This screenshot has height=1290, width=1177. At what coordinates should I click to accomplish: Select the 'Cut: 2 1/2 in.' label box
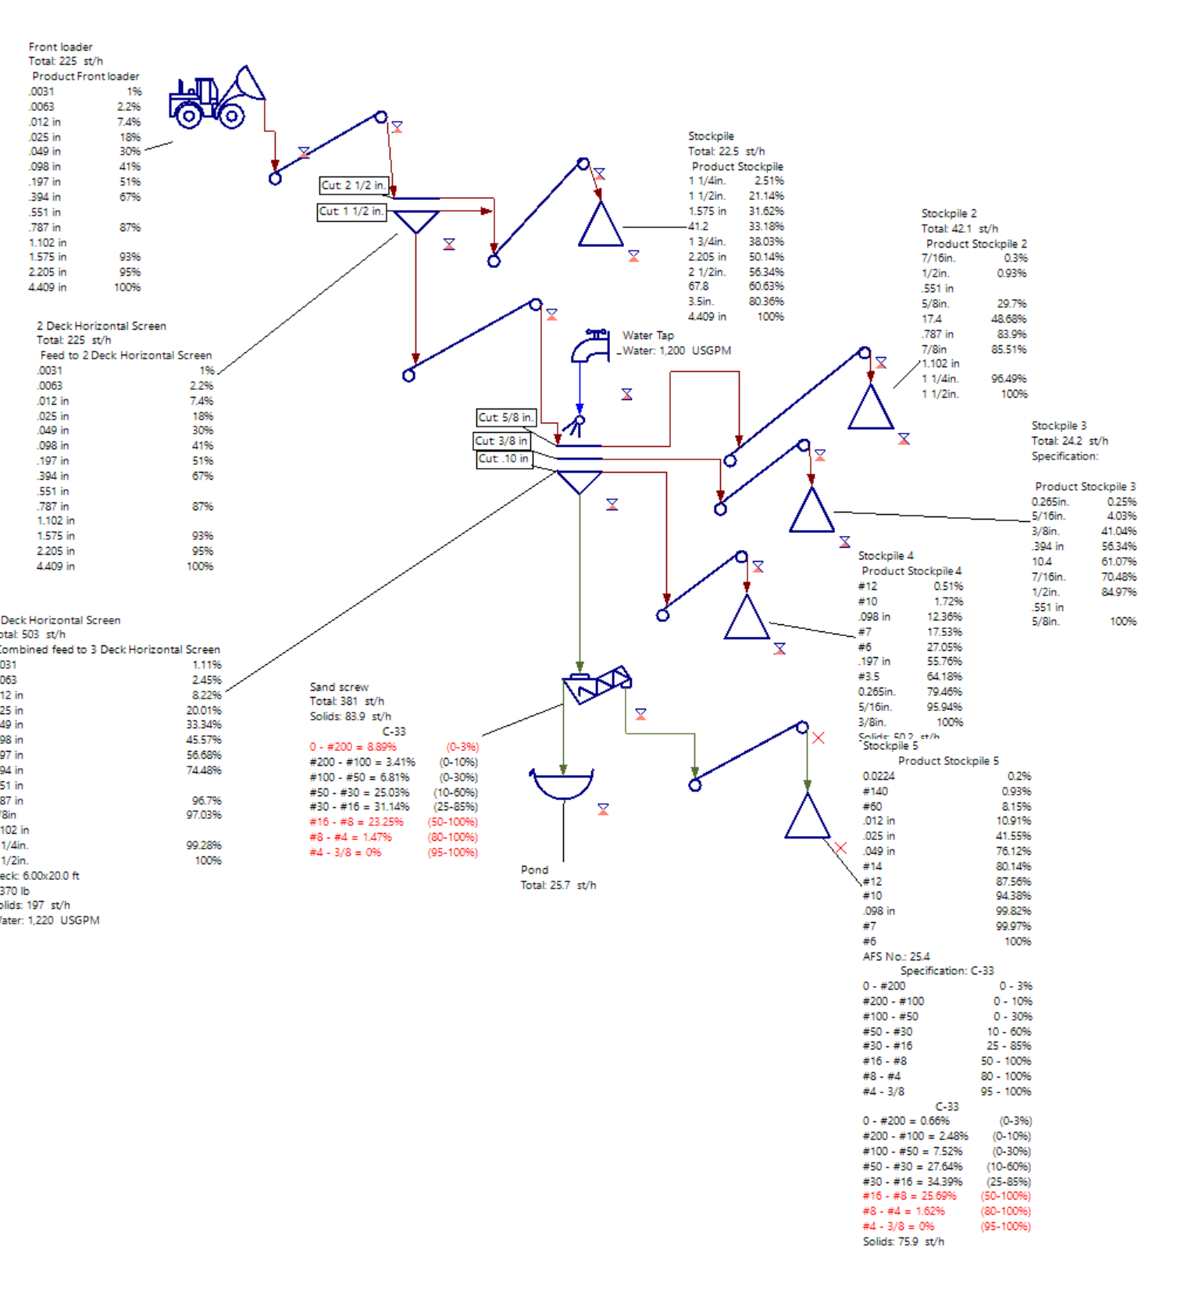(353, 185)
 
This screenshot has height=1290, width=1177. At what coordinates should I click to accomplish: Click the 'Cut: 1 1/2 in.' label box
(351, 212)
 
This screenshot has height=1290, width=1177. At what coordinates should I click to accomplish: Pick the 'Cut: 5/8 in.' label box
(506, 417)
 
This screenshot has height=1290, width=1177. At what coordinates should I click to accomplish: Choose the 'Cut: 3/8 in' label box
(501, 441)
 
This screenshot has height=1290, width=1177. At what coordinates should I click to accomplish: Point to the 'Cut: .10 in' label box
(504, 459)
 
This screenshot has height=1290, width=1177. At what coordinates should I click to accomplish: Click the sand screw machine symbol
(597, 684)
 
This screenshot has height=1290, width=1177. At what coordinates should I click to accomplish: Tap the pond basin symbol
(562, 784)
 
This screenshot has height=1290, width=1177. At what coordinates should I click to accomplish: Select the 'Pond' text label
(534, 870)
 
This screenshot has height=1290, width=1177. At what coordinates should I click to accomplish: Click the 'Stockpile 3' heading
(1058, 426)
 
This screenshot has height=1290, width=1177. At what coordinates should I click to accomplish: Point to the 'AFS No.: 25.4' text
(896, 956)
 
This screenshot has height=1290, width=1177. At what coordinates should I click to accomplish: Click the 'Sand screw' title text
(339, 687)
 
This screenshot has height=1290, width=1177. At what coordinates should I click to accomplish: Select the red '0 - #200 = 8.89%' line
(353, 747)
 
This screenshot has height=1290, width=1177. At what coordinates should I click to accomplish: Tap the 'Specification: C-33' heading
(947, 970)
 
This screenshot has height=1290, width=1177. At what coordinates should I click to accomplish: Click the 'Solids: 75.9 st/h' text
(903, 1242)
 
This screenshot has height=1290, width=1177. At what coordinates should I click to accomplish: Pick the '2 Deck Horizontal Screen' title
(102, 326)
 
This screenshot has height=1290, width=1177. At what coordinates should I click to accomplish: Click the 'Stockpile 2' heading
(948, 213)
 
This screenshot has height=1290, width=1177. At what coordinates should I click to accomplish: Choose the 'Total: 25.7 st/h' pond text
(558, 885)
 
